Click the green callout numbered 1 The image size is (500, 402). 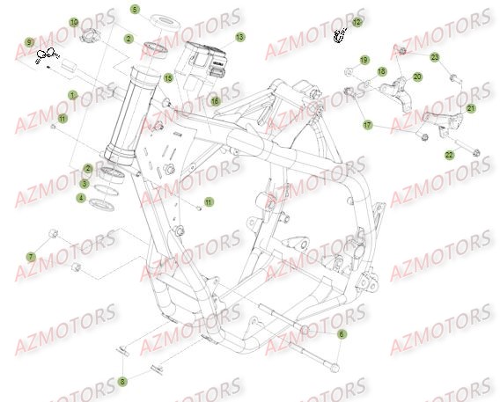pos(73,94)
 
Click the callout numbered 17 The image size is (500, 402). pos(368,126)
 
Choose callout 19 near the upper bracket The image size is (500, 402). pos(364,61)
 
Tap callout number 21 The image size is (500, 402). pos(470,108)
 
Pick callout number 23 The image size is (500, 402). pos(434,56)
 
